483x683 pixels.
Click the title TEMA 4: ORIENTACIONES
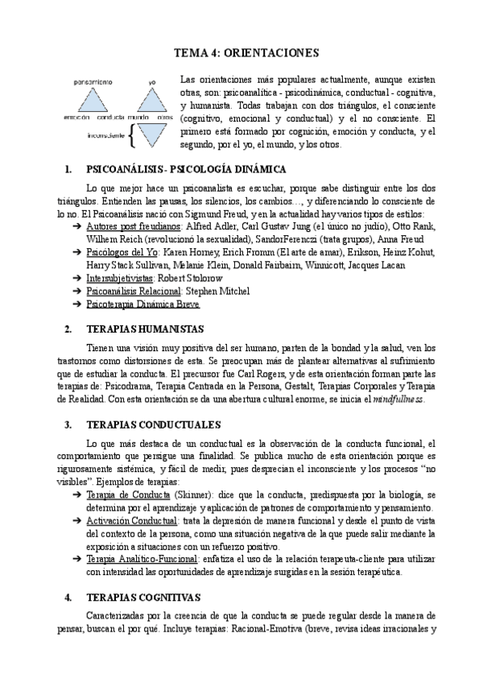tap(246, 53)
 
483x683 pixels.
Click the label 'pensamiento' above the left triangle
tap(91, 82)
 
